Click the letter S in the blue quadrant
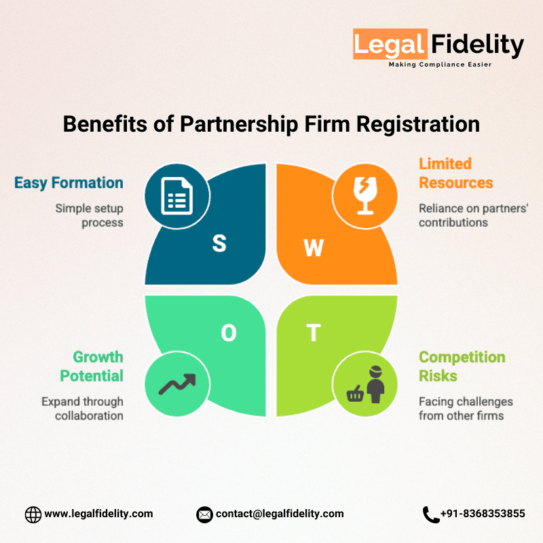pyautogui.click(x=219, y=244)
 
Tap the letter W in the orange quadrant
pyautogui.click(x=314, y=248)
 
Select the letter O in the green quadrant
pyautogui.click(x=229, y=333)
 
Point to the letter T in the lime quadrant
pyautogui.click(x=313, y=333)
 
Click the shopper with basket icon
pyautogui.click(x=365, y=384)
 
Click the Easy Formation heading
pyautogui.click(x=69, y=183)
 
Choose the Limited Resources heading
pyautogui.click(x=455, y=173)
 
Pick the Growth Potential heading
pyautogui.click(x=91, y=367)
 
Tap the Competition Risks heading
pyautogui.click(x=462, y=367)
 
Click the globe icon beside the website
pyautogui.click(x=33, y=514)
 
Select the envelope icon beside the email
pyautogui.click(x=204, y=514)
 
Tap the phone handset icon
pyautogui.click(x=430, y=514)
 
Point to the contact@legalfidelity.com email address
pyautogui.click(x=280, y=514)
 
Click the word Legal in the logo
pyautogui.click(x=390, y=45)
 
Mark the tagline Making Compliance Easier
pyautogui.click(x=439, y=64)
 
